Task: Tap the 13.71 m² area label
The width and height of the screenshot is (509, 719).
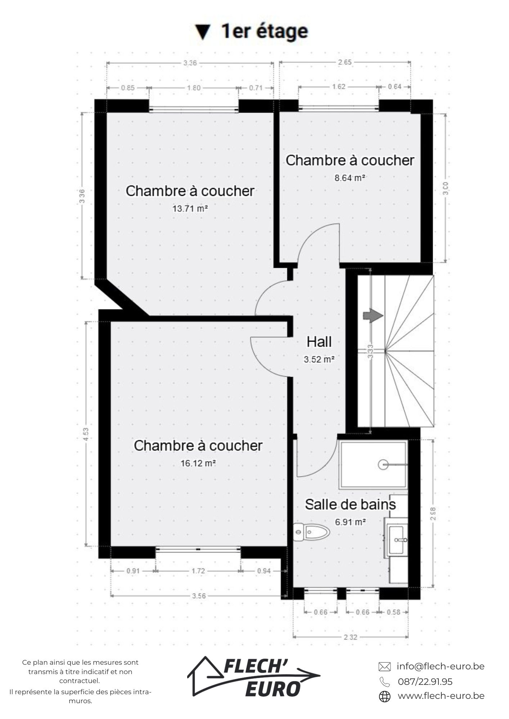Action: (x=190, y=209)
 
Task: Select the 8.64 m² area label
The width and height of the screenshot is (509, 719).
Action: (x=350, y=178)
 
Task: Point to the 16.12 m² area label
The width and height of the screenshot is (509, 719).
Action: (x=198, y=463)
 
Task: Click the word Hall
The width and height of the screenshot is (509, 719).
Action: (x=319, y=342)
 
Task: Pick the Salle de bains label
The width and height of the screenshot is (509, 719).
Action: (x=350, y=504)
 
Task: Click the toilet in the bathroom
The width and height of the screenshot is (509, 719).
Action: (x=312, y=532)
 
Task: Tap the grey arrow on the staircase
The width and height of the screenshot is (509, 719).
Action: (x=373, y=316)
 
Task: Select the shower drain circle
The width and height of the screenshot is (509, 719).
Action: (x=383, y=465)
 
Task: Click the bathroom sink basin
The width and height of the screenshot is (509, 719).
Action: (x=397, y=540)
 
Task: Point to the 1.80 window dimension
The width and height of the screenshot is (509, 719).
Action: (x=194, y=88)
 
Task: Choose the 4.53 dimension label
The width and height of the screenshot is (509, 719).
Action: (x=86, y=434)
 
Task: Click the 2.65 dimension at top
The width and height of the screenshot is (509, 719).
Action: (x=344, y=62)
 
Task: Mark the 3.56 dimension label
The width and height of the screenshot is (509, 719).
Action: (x=199, y=596)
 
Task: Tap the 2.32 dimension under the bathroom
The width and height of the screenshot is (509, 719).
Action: (x=350, y=637)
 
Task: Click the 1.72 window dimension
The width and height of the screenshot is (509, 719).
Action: (x=198, y=571)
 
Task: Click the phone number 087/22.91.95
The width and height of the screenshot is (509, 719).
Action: (x=425, y=682)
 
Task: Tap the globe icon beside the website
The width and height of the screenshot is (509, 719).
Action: (x=385, y=696)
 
